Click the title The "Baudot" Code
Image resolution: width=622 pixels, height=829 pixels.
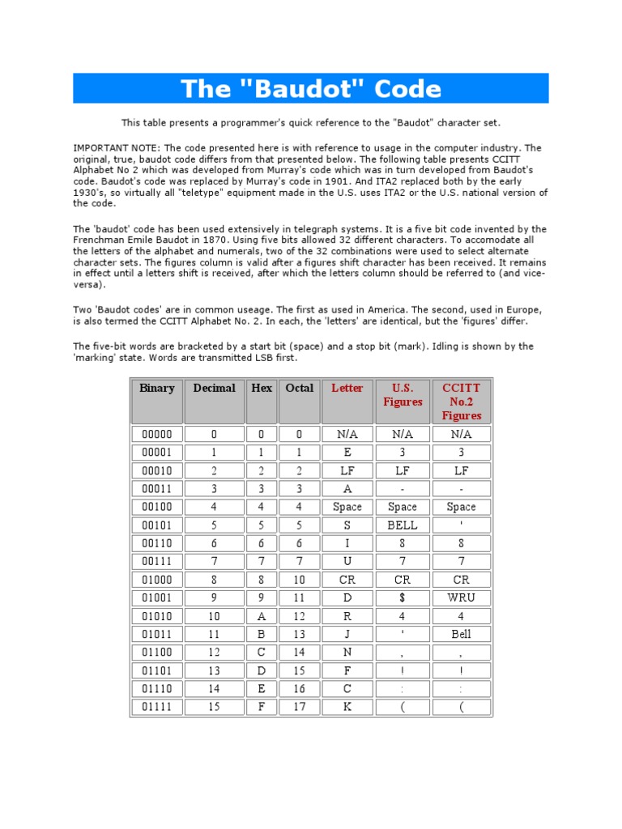(311, 88)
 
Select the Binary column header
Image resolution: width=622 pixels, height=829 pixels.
(157, 389)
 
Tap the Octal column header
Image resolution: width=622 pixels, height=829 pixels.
(299, 389)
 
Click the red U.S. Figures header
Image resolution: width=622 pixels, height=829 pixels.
(403, 395)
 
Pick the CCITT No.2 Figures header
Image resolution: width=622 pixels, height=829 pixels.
(462, 402)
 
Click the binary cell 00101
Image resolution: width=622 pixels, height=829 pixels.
(157, 525)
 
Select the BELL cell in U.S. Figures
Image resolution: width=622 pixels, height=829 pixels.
(403, 525)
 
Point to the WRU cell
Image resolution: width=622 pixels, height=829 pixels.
(462, 598)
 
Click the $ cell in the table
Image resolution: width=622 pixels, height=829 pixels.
(403, 598)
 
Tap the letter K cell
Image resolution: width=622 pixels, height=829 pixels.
(347, 708)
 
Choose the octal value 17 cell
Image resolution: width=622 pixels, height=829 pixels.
(299, 708)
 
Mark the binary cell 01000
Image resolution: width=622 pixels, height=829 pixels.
(157, 580)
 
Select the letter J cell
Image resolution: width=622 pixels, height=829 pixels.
(347, 635)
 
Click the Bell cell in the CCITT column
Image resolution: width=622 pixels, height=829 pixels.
(462, 635)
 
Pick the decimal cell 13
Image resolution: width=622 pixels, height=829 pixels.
(214, 671)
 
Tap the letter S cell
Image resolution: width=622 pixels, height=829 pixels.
(347, 525)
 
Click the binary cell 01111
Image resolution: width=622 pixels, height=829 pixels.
(157, 708)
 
